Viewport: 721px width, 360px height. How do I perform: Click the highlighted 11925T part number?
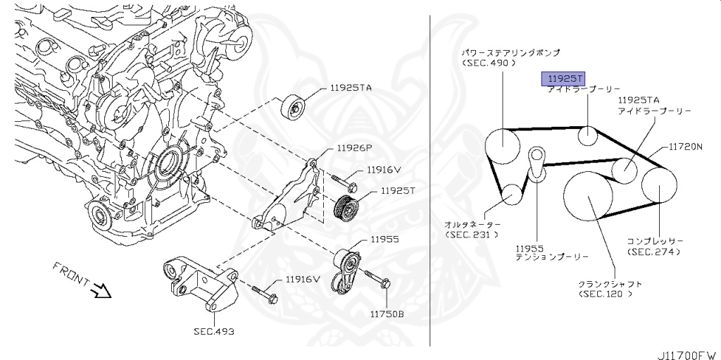[x=563, y=79]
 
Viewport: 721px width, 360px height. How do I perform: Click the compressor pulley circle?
[x=659, y=185]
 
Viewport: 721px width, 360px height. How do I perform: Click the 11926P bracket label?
[x=353, y=148]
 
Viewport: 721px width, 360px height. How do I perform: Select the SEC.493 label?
[x=214, y=330]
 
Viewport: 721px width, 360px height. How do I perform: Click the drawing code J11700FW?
[x=686, y=351]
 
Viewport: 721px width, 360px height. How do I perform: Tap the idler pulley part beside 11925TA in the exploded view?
[x=294, y=107]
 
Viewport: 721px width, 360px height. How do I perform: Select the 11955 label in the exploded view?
[x=382, y=240]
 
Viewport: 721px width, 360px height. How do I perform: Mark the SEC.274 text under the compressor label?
[x=655, y=252]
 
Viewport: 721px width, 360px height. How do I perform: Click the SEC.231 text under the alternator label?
[x=472, y=234]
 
